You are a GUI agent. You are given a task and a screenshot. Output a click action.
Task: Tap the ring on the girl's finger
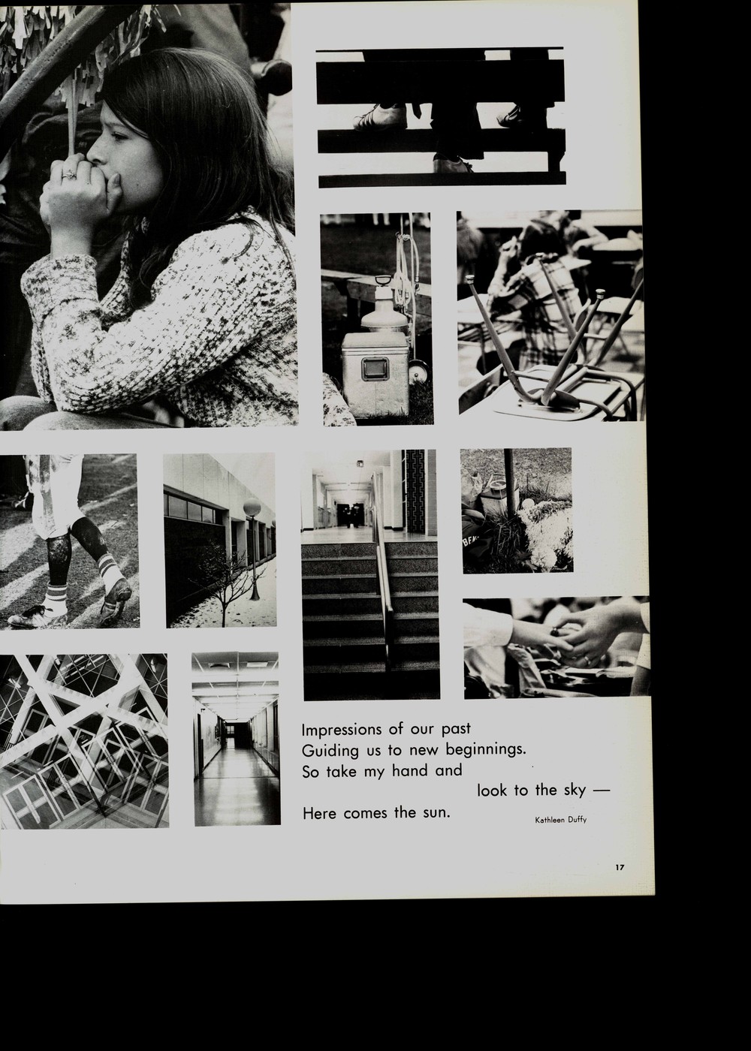point(69,174)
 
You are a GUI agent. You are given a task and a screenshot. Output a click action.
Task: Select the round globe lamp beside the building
point(252,509)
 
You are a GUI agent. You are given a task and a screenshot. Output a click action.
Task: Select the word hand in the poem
point(409,771)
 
